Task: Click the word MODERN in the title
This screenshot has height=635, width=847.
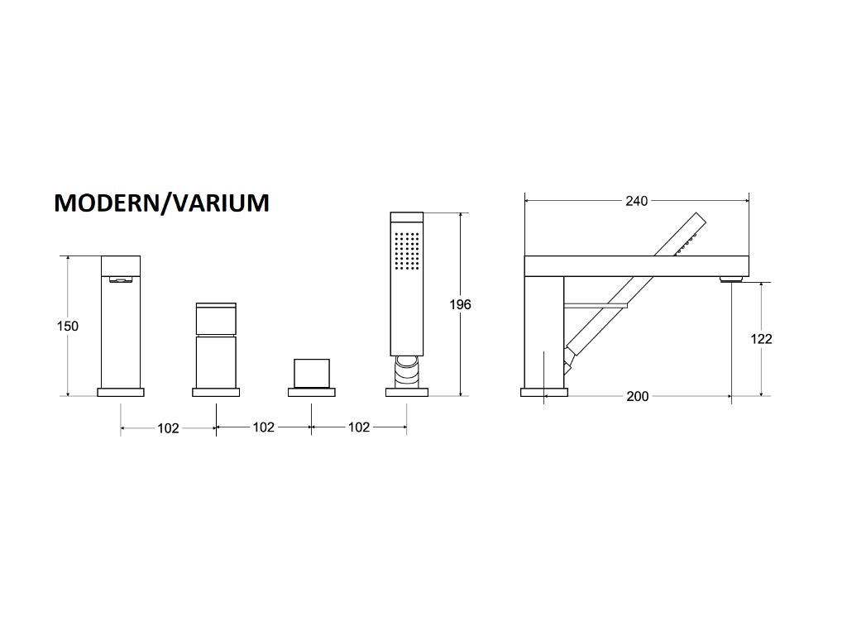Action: click(106, 203)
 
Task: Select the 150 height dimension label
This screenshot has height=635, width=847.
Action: click(68, 326)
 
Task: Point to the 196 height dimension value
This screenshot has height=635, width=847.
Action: click(460, 304)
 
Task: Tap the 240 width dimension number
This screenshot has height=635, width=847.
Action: click(636, 201)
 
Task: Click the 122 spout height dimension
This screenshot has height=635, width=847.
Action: click(761, 338)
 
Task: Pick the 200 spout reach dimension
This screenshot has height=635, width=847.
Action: click(637, 396)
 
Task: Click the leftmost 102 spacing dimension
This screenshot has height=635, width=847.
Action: click(168, 427)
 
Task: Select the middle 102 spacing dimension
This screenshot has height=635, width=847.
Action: click(263, 427)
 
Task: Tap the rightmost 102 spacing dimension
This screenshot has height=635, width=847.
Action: click(358, 427)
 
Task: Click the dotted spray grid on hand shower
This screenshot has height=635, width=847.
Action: click(407, 250)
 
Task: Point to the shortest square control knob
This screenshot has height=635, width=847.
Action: click(311, 373)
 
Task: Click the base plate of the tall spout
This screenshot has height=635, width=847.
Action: click(121, 392)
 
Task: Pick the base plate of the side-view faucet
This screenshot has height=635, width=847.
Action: click(544, 392)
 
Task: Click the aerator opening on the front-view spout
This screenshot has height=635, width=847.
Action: click(121, 279)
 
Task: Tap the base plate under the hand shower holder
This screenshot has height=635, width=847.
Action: click(406, 392)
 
